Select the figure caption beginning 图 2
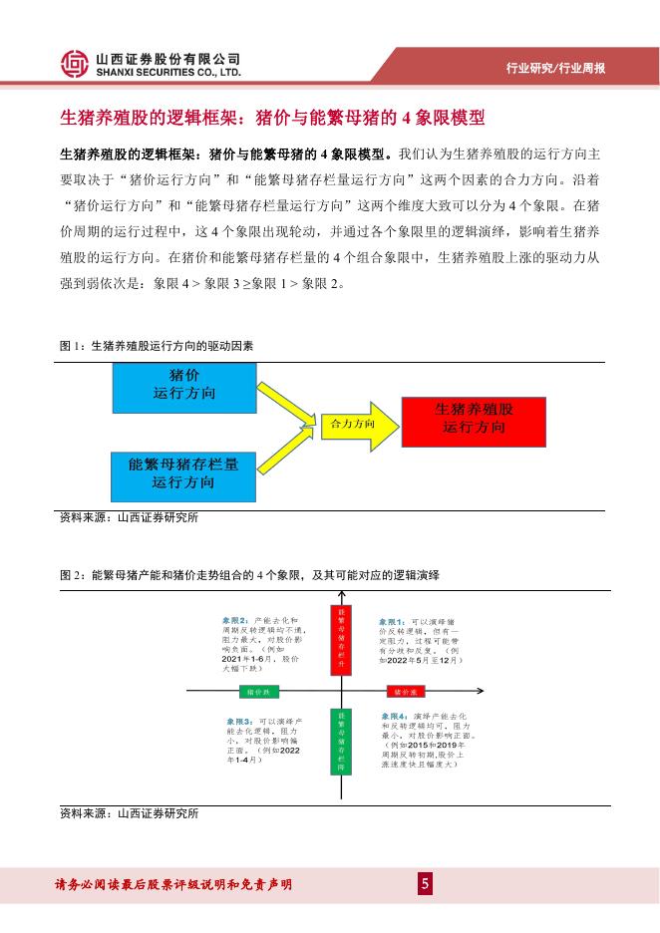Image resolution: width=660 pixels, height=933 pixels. [x=250, y=576]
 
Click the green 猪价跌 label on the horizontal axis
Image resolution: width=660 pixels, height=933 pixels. [x=258, y=691]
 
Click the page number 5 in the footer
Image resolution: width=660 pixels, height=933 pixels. [x=425, y=884]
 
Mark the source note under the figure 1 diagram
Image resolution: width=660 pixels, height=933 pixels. [x=130, y=517]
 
